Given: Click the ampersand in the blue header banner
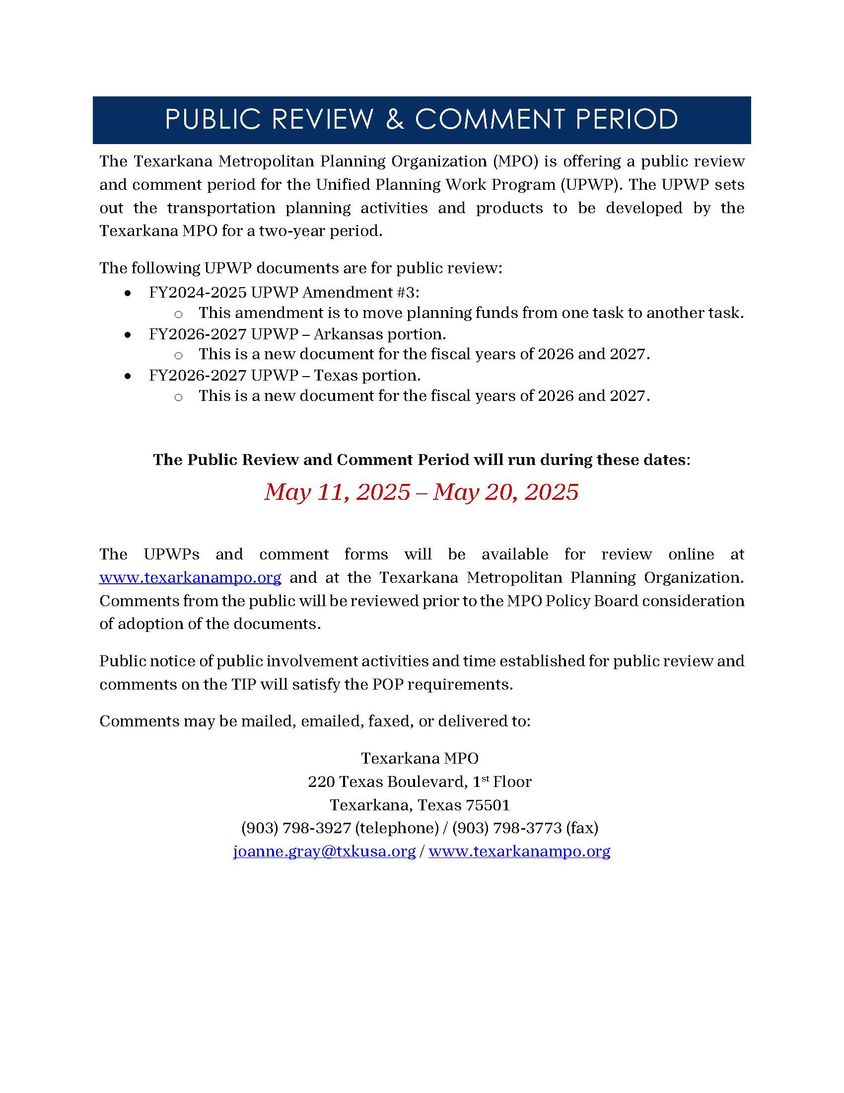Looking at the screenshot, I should coord(395,120).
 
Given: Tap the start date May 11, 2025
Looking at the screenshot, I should coord(337,492).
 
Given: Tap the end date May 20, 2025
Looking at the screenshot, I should coord(506,492).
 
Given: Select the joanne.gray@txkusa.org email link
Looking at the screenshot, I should coord(324,851).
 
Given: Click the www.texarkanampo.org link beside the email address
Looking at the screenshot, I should coord(519,851).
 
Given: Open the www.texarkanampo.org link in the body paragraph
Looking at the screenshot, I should coord(190,577).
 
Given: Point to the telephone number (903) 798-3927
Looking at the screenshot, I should coord(296,828).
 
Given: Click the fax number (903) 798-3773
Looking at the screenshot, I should coord(507,828).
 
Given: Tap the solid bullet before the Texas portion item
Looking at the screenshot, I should coord(128,376).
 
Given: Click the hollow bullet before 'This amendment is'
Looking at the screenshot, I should coord(178,314).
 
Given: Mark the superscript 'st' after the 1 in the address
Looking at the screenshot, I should coord(485,778).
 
